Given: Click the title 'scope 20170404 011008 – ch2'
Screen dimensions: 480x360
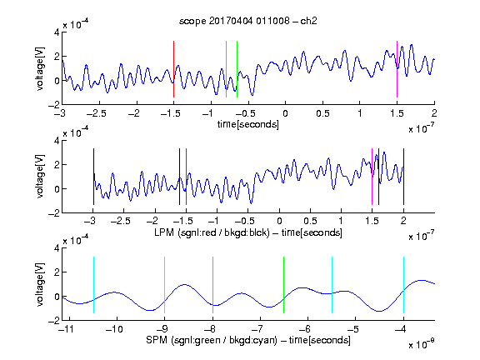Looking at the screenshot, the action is (248, 21).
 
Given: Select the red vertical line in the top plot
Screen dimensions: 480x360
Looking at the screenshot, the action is (173, 69).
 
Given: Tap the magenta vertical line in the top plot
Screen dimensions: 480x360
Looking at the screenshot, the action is (397, 69).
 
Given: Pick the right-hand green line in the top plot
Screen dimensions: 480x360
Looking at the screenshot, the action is (237, 69).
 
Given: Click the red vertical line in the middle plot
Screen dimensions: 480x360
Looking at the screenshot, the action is (186, 177).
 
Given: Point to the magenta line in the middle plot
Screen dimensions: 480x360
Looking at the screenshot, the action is (372, 177).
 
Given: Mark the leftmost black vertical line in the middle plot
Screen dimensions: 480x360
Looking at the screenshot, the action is (93, 177).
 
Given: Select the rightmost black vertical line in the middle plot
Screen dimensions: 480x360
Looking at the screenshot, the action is (403, 177).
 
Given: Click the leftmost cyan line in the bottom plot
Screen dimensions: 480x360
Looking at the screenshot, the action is (93, 285).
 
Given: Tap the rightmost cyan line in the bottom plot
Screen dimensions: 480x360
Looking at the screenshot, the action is (403, 285).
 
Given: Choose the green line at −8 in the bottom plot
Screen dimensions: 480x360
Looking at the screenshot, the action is (212, 285).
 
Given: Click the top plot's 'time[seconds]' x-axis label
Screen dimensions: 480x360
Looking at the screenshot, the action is (248, 124).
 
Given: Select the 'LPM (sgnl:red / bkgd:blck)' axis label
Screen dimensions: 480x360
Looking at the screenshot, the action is (212, 232).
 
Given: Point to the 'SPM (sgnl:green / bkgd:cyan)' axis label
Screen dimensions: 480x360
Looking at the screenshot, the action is (212, 340).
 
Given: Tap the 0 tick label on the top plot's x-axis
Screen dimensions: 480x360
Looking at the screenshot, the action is (285, 113).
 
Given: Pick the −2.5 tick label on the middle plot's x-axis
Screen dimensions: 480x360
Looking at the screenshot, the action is (120, 221).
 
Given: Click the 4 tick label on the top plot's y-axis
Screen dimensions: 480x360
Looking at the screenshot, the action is (57, 32).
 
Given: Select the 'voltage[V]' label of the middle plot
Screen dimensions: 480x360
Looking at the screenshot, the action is (40, 176).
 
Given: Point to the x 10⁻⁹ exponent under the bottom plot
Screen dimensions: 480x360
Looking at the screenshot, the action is (422, 344).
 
